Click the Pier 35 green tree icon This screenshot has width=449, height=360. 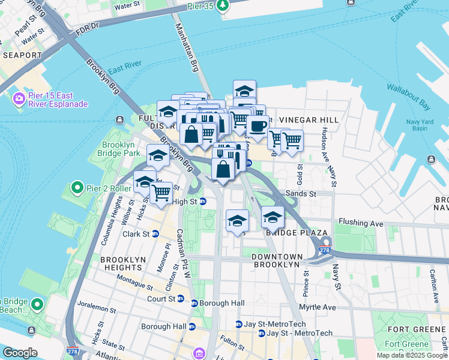pos(223,5)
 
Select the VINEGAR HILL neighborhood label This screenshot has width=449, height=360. pos(309,120)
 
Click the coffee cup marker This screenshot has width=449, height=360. pos(258,126)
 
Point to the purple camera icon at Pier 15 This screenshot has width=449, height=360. pos(19,98)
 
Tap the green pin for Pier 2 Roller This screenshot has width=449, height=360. pos(77,188)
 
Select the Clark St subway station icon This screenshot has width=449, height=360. pos(155,234)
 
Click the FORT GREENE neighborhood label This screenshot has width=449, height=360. pos(416,329)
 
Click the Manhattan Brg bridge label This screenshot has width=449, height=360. pos(185,47)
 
